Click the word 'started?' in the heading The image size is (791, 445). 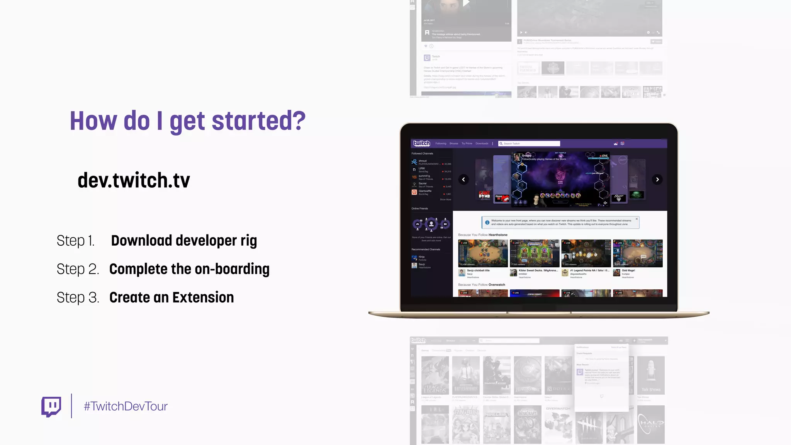(258, 121)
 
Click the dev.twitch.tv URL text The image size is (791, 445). (134, 180)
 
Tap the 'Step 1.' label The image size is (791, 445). (75, 241)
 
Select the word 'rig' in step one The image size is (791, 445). (248, 241)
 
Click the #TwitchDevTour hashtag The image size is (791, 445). (126, 406)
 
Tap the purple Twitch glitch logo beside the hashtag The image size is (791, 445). (51, 406)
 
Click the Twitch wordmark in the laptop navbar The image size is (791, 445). (421, 143)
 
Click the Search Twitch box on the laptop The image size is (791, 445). (529, 144)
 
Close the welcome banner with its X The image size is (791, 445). (637, 219)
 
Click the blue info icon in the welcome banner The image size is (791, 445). (487, 222)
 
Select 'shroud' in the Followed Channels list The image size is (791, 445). (423, 161)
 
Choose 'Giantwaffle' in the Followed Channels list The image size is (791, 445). (425, 191)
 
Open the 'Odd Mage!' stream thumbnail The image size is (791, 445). (638, 253)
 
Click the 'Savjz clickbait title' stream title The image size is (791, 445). (478, 270)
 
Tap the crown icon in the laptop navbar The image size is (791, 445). (616, 144)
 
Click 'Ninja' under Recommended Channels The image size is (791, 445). (421, 257)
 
